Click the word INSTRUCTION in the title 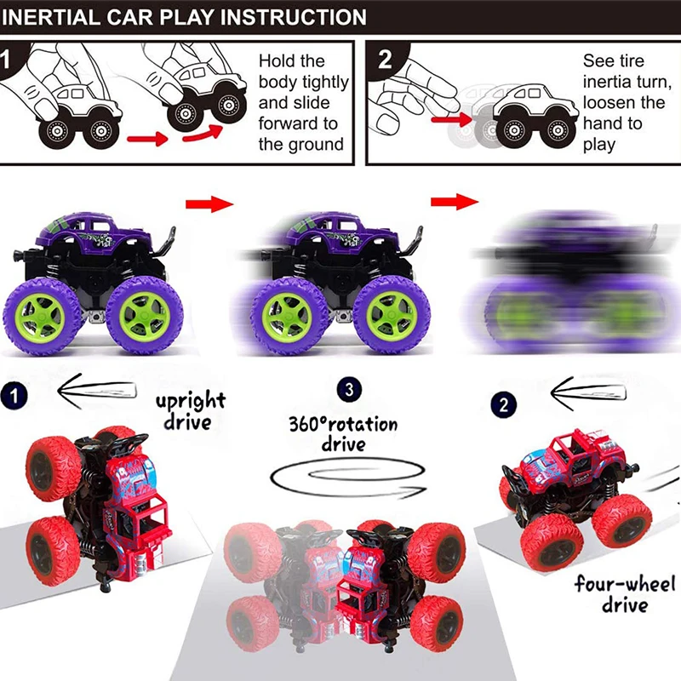tap(293, 16)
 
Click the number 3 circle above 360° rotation tap(346, 391)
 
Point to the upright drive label tap(190, 409)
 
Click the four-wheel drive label tap(625, 593)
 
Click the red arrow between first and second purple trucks tap(209, 203)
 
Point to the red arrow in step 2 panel tap(450, 120)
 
